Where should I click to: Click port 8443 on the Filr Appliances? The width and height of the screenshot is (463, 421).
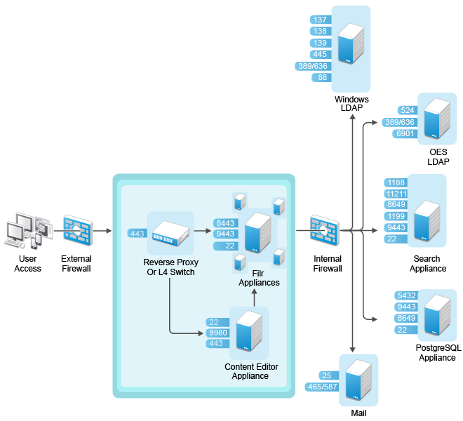225,223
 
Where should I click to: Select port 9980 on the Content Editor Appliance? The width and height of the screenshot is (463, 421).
218,333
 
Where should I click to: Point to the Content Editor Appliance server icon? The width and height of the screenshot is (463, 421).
249,333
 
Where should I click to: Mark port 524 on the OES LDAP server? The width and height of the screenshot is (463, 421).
407,110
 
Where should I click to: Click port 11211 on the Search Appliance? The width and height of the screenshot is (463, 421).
396,194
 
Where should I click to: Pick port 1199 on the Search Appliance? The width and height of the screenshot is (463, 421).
396,216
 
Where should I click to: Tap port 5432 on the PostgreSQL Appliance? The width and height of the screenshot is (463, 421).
406,295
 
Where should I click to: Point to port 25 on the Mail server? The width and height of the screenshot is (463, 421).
326,375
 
